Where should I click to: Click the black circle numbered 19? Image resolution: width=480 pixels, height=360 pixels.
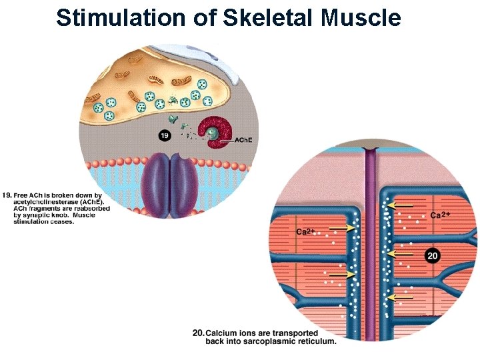coord(165,136)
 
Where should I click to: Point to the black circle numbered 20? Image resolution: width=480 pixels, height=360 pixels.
coord(432,255)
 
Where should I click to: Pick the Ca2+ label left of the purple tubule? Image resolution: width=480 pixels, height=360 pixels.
coord(305,232)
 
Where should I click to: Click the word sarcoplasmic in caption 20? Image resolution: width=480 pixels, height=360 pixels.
coord(271,341)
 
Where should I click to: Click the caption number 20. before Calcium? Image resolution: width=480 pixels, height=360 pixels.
coord(198,333)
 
